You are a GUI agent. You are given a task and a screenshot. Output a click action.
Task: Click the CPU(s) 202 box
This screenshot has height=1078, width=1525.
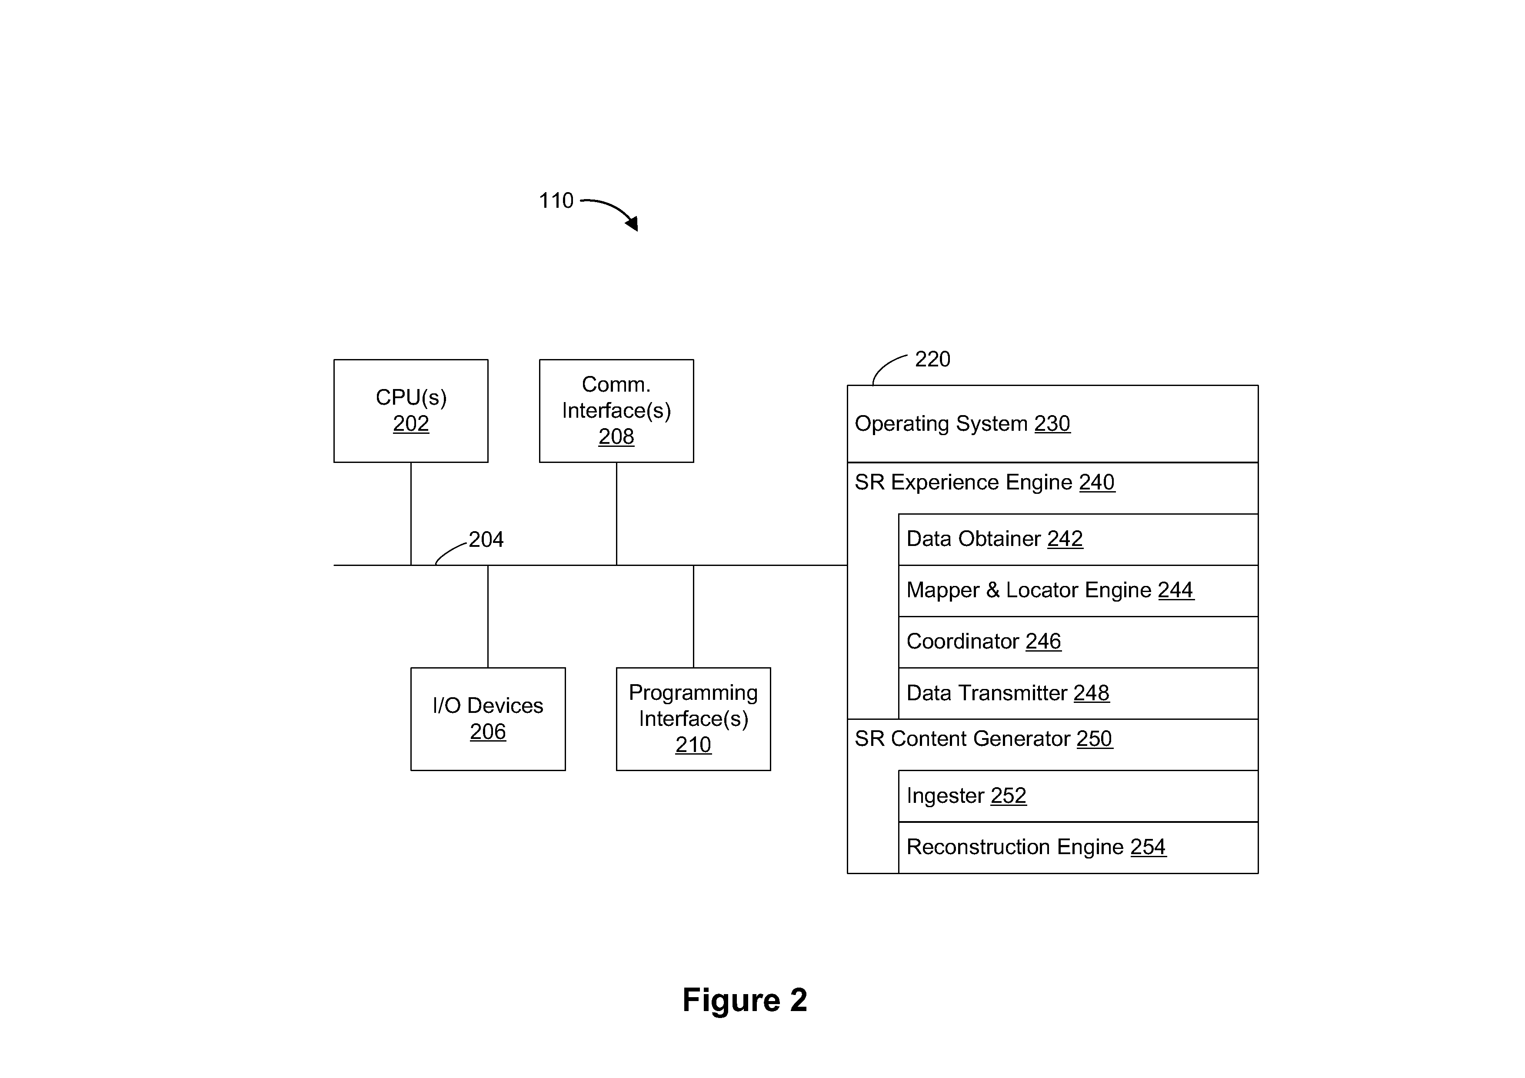pyautogui.click(x=410, y=410)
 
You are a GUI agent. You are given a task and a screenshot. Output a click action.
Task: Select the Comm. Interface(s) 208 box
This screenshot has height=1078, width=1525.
pyautogui.click(x=616, y=410)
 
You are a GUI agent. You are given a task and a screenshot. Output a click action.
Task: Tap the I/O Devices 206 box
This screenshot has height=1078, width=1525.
pyautogui.click(x=488, y=719)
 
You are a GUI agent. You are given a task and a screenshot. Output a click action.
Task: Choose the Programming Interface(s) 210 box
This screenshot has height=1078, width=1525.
pyautogui.click(x=693, y=719)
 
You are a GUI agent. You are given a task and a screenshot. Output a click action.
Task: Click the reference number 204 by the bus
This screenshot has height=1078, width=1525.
pyautogui.click(x=486, y=539)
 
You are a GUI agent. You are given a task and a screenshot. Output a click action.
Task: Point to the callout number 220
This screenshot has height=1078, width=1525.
pyautogui.click(x=932, y=359)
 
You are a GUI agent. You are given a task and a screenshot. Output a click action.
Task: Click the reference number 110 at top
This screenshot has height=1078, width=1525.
pyautogui.click(x=556, y=200)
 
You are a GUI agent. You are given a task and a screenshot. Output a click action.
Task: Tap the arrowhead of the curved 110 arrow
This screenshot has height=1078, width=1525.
pyautogui.click(x=633, y=223)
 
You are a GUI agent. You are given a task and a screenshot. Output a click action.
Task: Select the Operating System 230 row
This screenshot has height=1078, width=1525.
pyautogui.click(x=1053, y=424)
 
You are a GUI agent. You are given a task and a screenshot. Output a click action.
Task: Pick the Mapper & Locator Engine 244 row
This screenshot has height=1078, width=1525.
pyautogui.click(x=1078, y=590)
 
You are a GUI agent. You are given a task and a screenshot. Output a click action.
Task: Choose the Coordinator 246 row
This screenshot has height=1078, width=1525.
pyautogui.click(x=1078, y=642)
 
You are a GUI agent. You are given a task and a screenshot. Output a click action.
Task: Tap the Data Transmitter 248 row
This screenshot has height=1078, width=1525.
pyautogui.click(x=1078, y=693)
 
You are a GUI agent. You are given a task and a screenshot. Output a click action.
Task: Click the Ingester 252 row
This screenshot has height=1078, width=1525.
pyautogui.click(x=1078, y=796)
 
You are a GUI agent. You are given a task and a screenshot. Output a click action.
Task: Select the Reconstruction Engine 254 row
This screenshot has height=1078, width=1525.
pyautogui.click(x=1078, y=848)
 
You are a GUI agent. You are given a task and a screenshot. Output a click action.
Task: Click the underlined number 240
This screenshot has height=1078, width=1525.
pyautogui.click(x=1097, y=482)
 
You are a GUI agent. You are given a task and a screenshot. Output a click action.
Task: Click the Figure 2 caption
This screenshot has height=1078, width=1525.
pyautogui.click(x=745, y=1000)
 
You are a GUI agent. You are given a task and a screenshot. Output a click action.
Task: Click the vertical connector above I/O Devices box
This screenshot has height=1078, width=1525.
pyautogui.click(x=488, y=616)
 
